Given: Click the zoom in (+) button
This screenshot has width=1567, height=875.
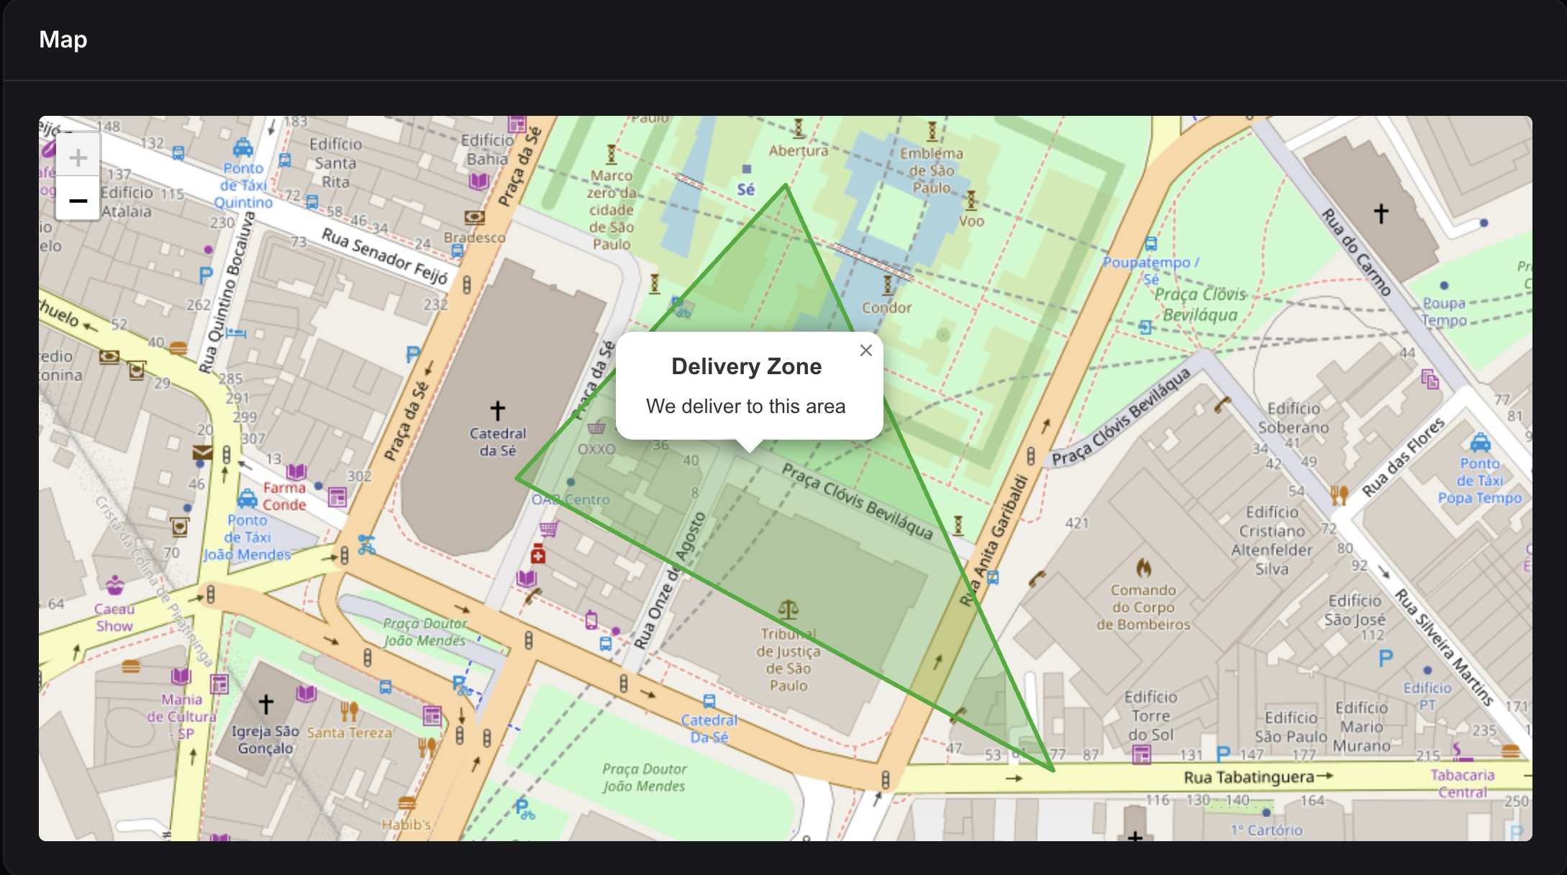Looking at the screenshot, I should pyautogui.click(x=78, y=157).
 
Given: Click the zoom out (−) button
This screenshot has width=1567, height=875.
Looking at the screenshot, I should pyautogui.click(x=78, y=200).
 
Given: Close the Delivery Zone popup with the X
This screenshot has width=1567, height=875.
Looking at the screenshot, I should pyautogui.click(x=866, y=350).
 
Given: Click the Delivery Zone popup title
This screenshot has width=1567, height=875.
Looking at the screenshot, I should pyautogui.click(x=746, y=366).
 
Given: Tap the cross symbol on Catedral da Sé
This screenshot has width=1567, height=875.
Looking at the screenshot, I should pyautogui.click(x=497, y=410).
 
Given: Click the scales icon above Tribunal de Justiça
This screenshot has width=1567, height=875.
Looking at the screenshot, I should pyautogui.click(x=789, y=610).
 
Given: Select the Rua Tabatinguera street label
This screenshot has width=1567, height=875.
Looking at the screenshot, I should pyautogui.click(x=1248, y=777).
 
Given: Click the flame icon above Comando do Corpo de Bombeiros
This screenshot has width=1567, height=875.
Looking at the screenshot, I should pyautogui.click(x=1143, y=568).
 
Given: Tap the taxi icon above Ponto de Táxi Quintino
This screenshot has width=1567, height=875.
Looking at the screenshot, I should pyautogui.click(x=243, y=148).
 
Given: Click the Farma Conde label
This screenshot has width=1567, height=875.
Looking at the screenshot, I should pyautogui.click(x=284, y=496).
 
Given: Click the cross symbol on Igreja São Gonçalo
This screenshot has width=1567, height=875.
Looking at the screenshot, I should pyautogui.click(x=265, y=704).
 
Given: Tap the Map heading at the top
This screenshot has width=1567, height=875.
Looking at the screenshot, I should pyautogui.click(x=63, y=39).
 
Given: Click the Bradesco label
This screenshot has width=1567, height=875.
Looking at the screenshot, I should pyautogui.click(x=474, y=237).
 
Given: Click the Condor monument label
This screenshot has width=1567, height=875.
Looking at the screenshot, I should pyautogui.click(x=886, y=307).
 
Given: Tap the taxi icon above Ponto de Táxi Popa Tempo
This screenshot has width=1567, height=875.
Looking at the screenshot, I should pyautogui.click(x=1480, y=442).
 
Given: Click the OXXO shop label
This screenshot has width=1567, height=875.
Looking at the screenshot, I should pyautogui.click(x=596, y=449).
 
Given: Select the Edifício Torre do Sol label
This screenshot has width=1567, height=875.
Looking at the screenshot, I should pyautogui.click(x=1150, y=715).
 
